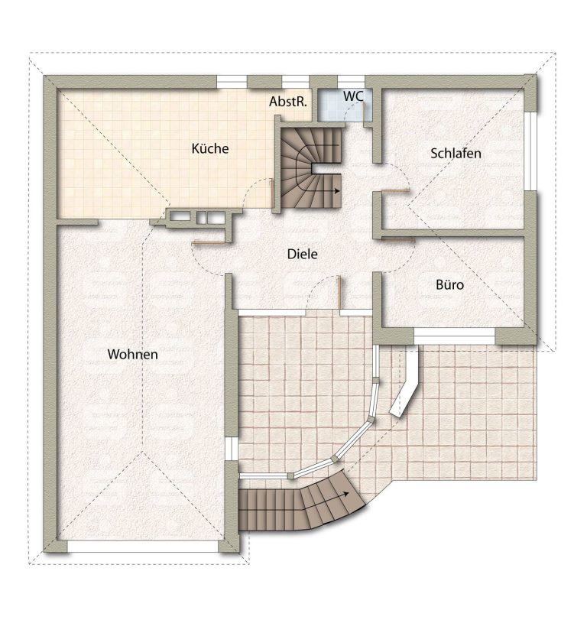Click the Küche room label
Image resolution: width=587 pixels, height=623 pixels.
pos(210,148)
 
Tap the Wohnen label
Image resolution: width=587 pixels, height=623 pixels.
pos(133,355)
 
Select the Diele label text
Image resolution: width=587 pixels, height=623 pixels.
pos(302,254)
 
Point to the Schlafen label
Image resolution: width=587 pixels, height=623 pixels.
pos(456,154)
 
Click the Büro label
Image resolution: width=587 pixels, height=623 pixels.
pos(450,284)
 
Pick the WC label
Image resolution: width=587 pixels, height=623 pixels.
pos(353,96)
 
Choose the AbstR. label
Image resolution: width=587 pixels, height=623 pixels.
pos(288,102)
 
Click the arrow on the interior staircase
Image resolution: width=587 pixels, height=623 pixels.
pos(331,190)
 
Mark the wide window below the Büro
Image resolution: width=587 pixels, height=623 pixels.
pos(454,336)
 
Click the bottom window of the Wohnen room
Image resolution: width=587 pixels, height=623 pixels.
pos(143,547)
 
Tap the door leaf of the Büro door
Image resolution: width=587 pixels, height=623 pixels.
pos(398,239)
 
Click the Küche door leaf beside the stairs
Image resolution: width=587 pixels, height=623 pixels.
pos(272,193)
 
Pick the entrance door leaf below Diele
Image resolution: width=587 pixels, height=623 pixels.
pos(339,291)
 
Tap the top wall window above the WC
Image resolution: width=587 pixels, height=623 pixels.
pos(351,81)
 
